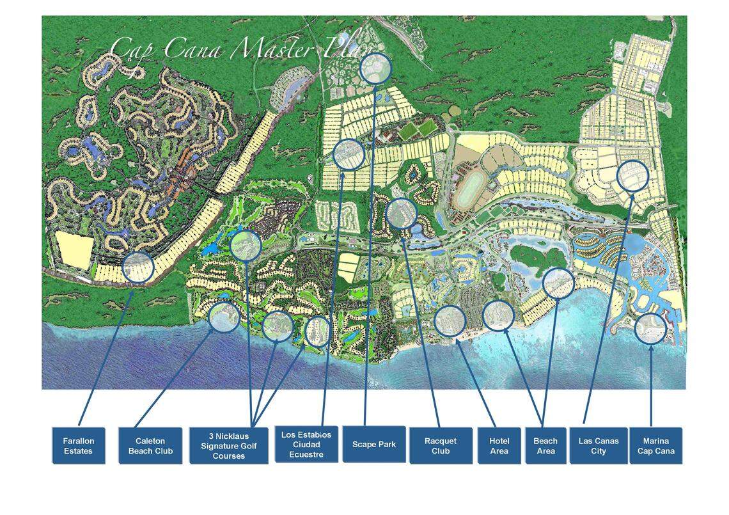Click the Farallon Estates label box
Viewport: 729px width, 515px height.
point(78,446)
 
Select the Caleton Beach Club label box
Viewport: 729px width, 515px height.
point(150,446)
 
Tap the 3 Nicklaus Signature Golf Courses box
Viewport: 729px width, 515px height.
point(228,446)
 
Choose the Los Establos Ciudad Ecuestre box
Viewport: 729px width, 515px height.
point(306,445)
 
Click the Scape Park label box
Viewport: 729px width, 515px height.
point(374,444)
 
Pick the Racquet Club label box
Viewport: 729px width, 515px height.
point(441,446)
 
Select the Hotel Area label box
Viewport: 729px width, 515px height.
point(499,446)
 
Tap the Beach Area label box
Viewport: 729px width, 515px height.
point(545,446)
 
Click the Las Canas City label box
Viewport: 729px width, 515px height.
point(599,446)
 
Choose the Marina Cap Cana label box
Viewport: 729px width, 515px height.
point(655,446)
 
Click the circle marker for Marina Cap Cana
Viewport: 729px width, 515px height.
point(651,328)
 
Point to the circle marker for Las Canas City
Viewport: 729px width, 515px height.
point(632,176)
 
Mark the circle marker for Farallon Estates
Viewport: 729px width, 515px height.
point(137,267)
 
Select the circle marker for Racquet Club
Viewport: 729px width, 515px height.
point(402,214)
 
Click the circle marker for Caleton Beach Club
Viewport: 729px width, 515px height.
point(224,317)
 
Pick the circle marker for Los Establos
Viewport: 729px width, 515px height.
point(349,154)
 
